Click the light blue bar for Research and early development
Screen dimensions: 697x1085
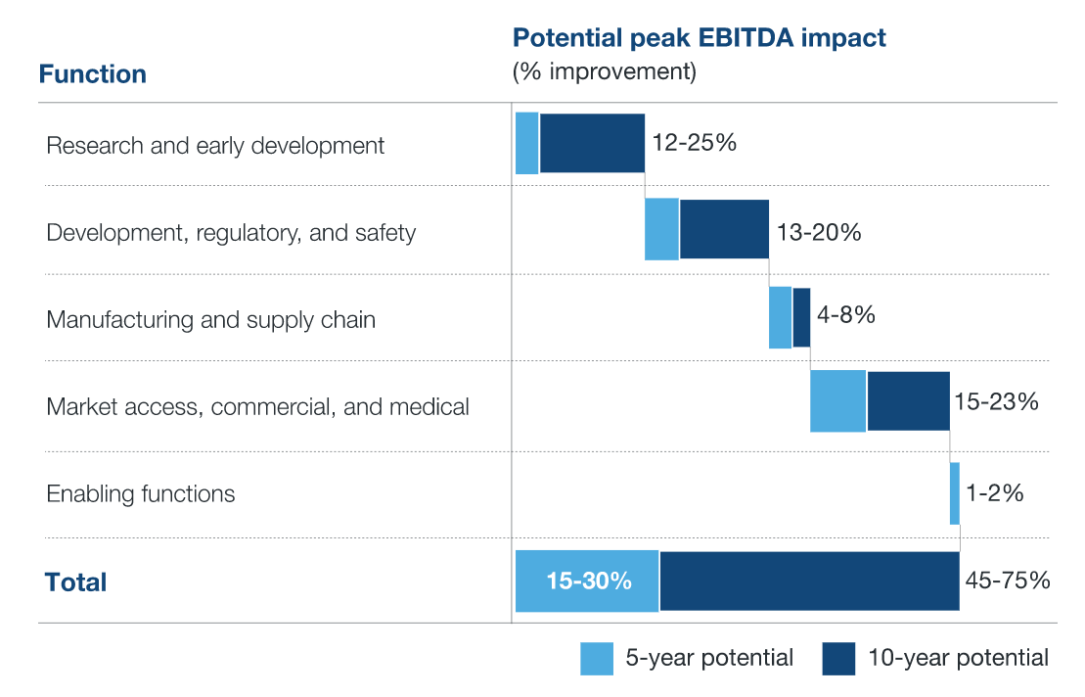526,143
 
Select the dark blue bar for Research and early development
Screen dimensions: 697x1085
592,143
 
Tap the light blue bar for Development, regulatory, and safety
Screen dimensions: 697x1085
661,229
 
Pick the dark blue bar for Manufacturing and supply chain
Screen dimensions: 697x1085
801,317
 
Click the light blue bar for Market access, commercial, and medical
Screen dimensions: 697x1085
837,400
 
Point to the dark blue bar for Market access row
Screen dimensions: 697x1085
908,400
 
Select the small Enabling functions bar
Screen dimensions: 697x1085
955,493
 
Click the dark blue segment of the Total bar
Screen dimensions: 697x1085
809,581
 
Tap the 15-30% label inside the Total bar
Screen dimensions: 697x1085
588,581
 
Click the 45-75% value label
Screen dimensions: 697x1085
1007,581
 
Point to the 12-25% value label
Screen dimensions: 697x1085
694,142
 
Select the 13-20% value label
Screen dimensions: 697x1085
818,232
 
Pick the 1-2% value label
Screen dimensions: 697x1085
994,492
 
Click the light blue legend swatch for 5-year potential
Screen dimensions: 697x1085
597,658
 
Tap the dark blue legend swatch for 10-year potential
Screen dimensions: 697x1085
838,658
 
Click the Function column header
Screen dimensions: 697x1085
93,73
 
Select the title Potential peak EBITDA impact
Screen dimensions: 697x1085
700,38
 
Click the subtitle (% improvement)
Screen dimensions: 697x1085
604,72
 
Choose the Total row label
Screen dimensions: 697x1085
75,582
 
